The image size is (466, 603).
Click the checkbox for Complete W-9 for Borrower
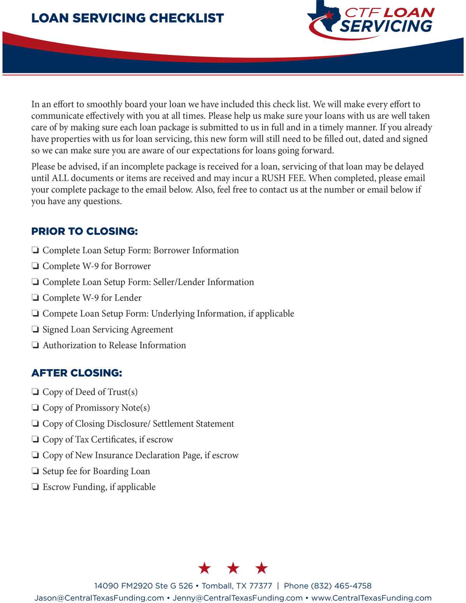click(35, 267)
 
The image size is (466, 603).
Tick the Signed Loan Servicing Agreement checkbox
click(35, 330)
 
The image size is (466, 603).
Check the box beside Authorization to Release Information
click(35, 346)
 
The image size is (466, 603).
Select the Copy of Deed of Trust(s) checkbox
click(35, 392)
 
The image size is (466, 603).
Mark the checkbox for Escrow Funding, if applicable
click(35, 487)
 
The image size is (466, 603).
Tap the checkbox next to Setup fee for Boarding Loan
click(35, 472)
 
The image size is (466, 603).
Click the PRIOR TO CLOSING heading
click(84, 232)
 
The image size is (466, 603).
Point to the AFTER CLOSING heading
click(77, 373)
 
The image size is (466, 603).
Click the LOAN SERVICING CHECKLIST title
click(127, 18)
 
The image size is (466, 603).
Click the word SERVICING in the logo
click(386, 26)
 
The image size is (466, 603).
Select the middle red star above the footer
click(233, 568)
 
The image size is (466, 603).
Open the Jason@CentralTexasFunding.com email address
click(99, 598)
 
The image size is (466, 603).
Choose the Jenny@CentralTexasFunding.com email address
click(237, 598)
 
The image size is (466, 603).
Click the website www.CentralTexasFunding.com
click(371, 598)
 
